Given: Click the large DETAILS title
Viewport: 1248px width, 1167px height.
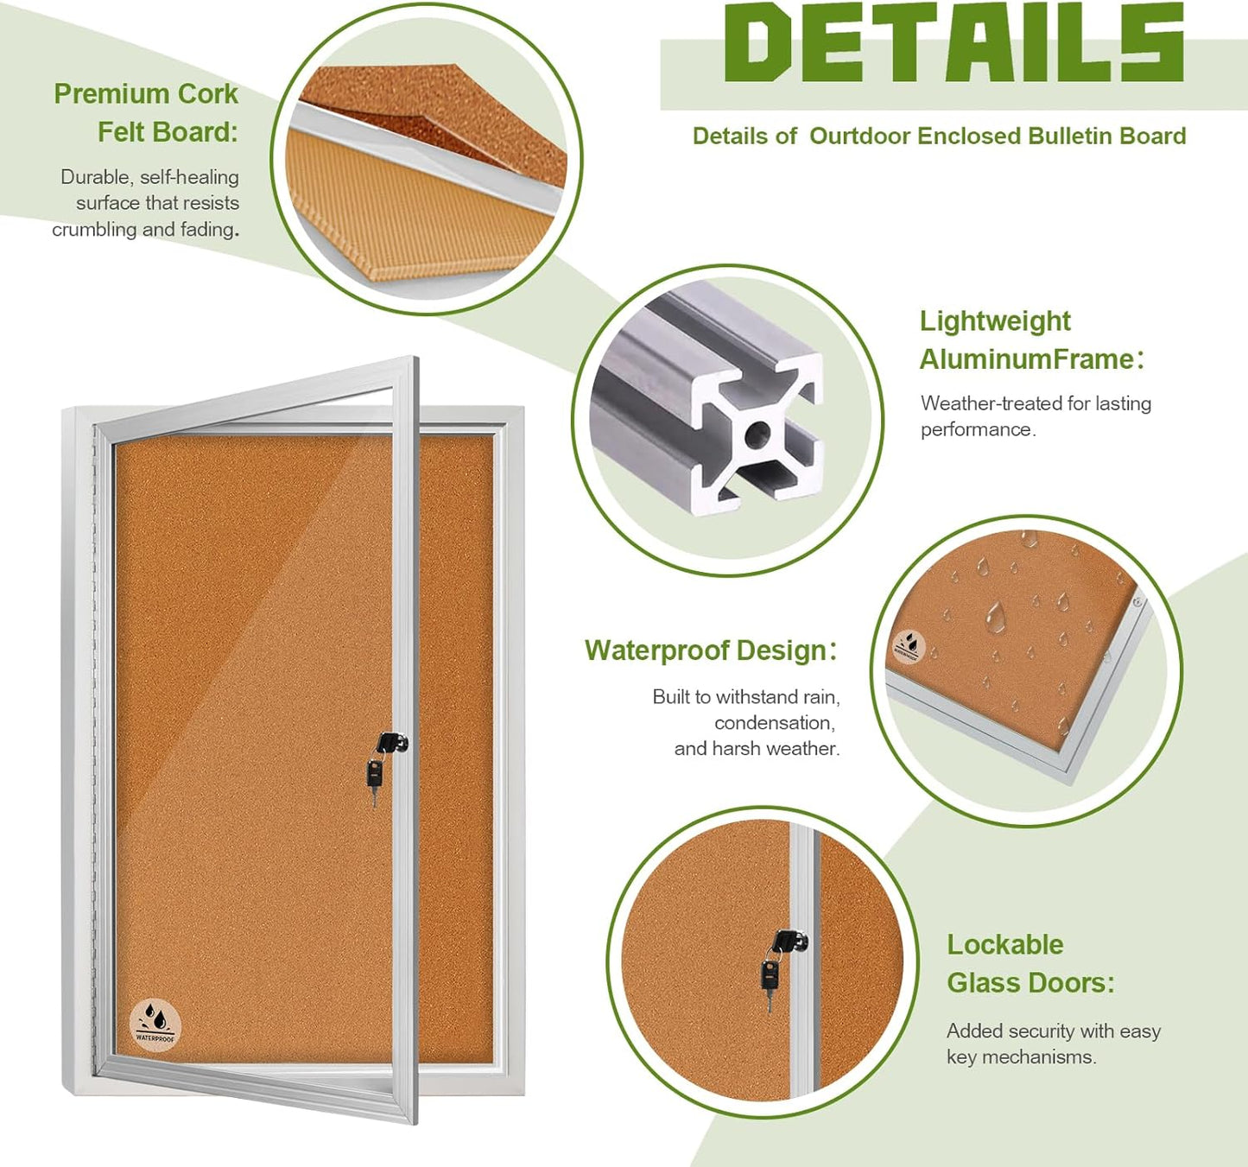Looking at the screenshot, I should (x=953, y=42).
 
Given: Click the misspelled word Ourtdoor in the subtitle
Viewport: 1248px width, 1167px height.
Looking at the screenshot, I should (x=859, y=136).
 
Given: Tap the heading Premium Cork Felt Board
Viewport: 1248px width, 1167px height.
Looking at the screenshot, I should (x=147, y=112).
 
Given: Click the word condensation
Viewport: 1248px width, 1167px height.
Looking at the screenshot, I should (x=774, y=723).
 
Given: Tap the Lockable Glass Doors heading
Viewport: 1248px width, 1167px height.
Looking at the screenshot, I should (x=1029, y=964).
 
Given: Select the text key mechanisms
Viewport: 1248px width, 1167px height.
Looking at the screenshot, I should (x=1021, y=1057).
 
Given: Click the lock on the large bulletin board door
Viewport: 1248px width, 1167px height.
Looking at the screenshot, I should (x=390, y=744).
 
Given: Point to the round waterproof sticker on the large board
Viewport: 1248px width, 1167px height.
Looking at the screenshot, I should (x=155, y=1024).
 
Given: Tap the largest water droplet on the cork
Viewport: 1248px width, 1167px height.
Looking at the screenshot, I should (x=995, y=617).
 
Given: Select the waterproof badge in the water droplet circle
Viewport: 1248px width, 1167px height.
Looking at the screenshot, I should (x=909, y=646).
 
